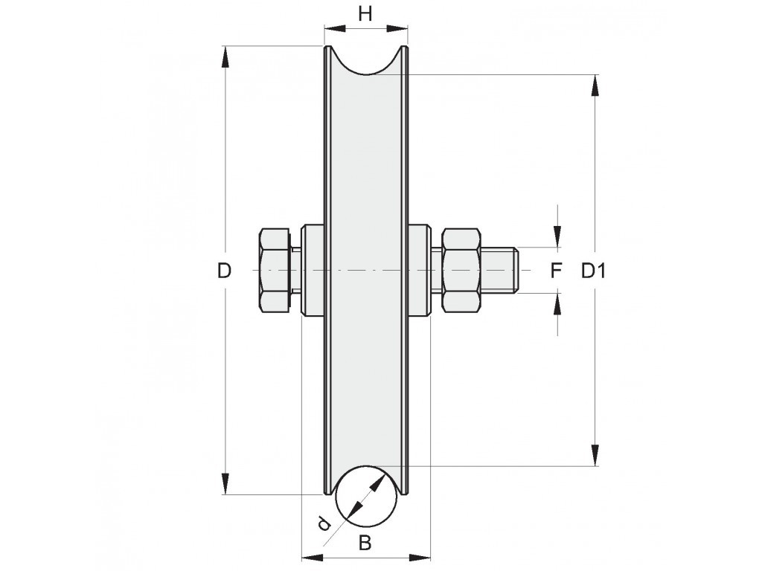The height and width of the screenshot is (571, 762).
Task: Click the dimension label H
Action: pos(365,14)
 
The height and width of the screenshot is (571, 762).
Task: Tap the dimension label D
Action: pos(224,271)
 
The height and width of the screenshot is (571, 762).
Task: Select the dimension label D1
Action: pos(593,271)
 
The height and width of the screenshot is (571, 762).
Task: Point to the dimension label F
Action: pos(556,271)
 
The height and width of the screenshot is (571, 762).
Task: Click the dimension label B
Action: pos(365,542)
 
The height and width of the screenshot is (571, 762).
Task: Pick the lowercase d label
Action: pos(323,523)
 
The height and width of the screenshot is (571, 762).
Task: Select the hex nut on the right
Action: pos(461,270)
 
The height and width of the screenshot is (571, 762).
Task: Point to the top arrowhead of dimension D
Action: pos(225,58)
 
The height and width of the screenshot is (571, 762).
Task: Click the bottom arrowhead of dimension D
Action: pos(225,483)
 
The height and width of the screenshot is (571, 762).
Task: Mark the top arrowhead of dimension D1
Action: pos(595,86)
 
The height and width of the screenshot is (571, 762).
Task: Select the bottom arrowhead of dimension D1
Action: pos(595,454)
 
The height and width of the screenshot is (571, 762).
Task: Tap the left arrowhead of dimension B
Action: pos(313,557)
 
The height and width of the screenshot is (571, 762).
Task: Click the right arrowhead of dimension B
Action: pos(418,557)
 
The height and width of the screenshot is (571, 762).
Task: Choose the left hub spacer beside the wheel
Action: pos(313,271)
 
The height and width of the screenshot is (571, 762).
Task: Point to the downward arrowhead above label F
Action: pos(557,236)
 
